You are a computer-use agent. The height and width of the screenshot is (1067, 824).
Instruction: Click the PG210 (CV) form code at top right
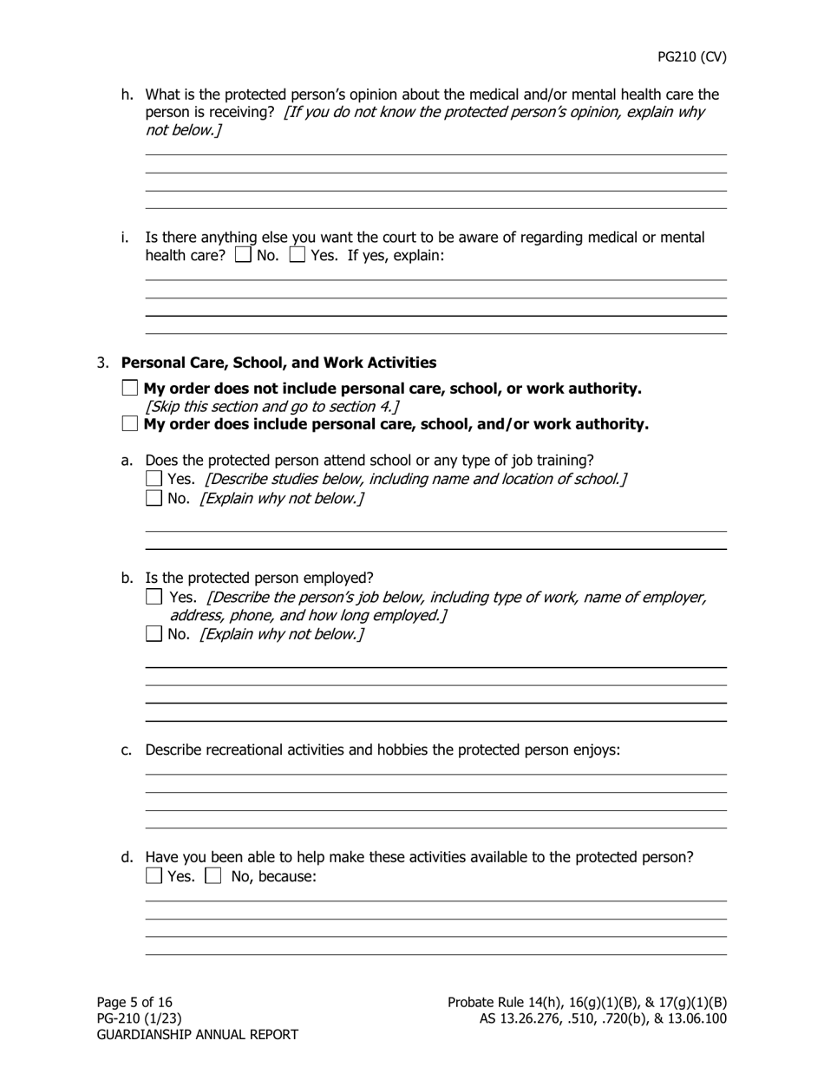[691, 57]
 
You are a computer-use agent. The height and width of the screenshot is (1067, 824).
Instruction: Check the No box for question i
[244, 256]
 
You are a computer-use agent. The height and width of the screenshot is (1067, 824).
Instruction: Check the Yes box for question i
[298, 256]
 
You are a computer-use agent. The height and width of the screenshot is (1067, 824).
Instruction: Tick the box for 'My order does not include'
[130, 389]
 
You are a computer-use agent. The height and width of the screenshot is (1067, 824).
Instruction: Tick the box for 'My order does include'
[130, 424]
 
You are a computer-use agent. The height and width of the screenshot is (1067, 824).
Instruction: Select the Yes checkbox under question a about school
[154, 479]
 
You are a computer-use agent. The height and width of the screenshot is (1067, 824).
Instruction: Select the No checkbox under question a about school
[154, 498]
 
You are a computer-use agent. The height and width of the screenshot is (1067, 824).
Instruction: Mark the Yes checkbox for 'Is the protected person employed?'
[154, 597]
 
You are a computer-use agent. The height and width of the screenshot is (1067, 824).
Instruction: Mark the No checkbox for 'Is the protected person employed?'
[154, 634]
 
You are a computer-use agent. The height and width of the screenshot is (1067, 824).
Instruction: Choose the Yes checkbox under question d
[154, 876]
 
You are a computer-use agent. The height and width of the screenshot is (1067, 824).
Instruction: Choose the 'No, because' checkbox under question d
[213, 876]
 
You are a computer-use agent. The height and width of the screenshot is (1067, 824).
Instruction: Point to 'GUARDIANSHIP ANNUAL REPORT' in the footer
[197, 1035]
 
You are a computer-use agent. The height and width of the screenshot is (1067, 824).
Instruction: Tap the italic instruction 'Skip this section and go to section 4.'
[272, 407]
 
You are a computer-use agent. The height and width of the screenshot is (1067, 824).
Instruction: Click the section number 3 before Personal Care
[102, 363]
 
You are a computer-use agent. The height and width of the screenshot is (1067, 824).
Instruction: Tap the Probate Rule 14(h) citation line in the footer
[586, 1002]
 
